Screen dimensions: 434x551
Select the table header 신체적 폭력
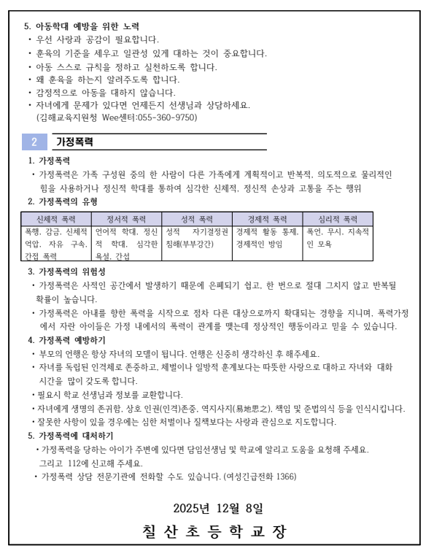(x=55, y=218)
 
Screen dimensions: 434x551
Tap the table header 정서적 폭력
(x=126, y=218)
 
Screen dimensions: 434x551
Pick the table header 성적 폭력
(x=197, y=218)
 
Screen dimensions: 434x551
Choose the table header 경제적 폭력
(x=268, y=218)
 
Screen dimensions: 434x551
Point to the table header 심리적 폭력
(x=338, y=218)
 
